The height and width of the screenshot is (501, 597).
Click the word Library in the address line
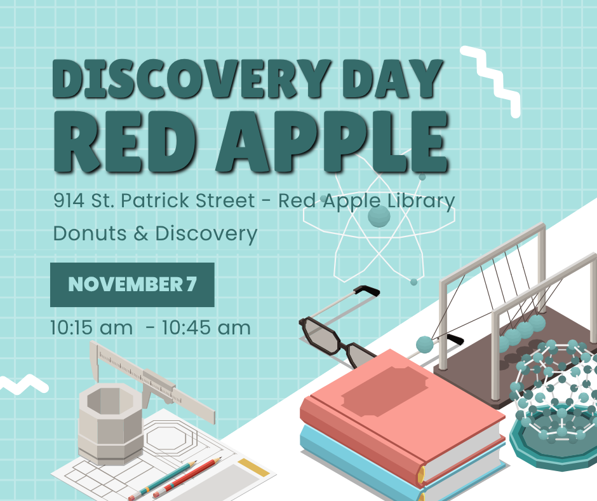click(x=422, y=202)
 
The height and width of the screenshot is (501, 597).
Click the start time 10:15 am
click(x=91, y=328)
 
